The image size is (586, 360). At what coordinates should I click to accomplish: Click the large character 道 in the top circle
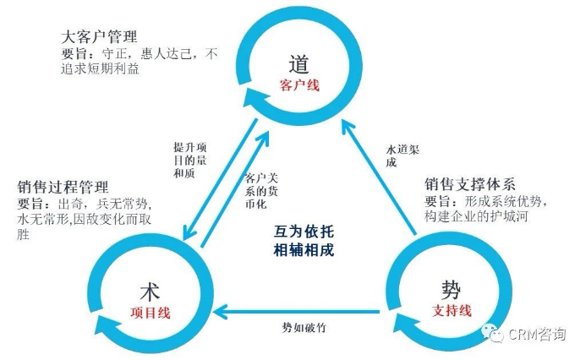[x=299, y=64]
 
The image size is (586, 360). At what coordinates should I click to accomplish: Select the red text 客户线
[x=299, y=85]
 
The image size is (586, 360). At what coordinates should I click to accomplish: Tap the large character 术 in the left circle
[x=151, y=292]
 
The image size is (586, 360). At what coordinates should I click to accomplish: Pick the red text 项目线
[x=151, y=313]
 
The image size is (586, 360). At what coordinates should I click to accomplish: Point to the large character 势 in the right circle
[x=451, y=289]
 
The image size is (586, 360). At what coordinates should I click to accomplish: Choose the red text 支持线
[x=452, y=310]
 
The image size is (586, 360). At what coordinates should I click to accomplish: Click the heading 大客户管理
[x=99, y=36]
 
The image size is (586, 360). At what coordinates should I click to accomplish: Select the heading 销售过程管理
[x=63, y=187]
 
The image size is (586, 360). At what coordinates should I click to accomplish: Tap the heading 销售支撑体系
[x=470, y=184]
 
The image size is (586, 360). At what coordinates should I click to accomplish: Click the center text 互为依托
[x=304, y=232]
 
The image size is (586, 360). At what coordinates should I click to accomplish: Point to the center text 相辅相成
[x=304, y=249]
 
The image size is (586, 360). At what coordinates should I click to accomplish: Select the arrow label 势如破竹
[x=304, y=328]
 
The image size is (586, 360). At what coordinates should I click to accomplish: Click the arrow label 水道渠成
[x=403, y=156]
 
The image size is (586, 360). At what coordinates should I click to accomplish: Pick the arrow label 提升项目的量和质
[x=190, y=160]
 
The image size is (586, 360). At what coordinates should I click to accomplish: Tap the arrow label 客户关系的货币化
[x=261, y=190]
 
